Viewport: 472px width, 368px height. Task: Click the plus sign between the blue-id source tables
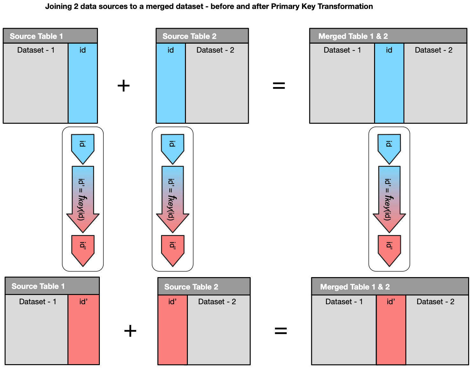pos(124,86)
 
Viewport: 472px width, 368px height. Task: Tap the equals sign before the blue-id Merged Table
pos(279,85)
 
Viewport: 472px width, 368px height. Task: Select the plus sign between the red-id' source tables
pos(130,331)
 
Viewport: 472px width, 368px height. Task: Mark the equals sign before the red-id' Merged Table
pos(281,331)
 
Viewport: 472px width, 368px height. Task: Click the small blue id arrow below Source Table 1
pos(83,147)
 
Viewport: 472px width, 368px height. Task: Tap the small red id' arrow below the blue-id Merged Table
pos(389,249)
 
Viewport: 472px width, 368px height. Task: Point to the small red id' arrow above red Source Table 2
pos(173,249)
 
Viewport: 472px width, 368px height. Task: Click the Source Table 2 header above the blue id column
pos(202,36)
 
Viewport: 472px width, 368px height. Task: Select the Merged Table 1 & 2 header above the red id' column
pos(390,287)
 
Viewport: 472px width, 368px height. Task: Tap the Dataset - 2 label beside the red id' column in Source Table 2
pos(217,302)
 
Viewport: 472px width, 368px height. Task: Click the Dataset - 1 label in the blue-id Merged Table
pos(342,50)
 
